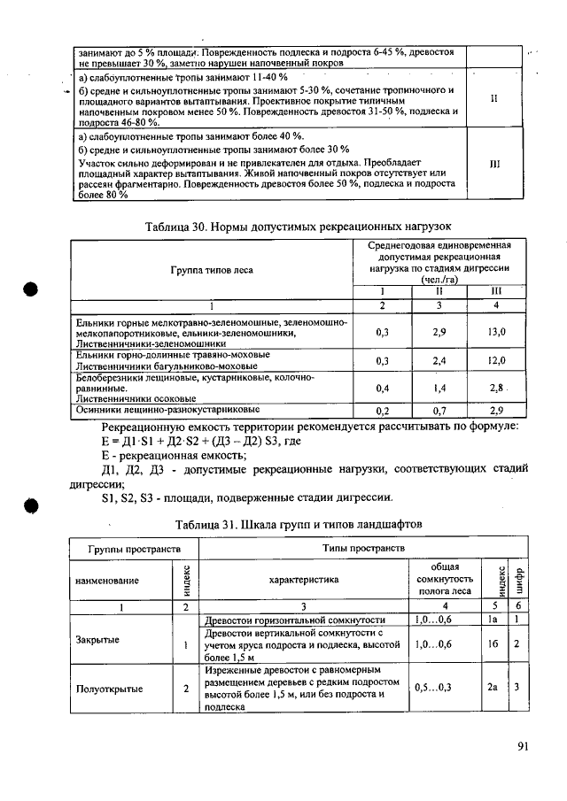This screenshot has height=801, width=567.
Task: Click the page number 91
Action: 523,746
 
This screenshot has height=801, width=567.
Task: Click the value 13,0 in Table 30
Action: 496,332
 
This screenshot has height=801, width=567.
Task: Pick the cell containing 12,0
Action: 496,361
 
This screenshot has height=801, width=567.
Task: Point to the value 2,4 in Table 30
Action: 439,361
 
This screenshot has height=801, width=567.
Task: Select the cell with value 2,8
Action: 496,388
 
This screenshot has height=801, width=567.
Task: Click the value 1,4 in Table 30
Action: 439,388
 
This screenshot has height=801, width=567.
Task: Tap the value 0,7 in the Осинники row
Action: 439,412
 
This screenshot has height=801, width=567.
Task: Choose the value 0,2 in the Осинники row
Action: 383,412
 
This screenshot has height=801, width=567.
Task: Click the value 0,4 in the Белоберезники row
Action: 383,388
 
